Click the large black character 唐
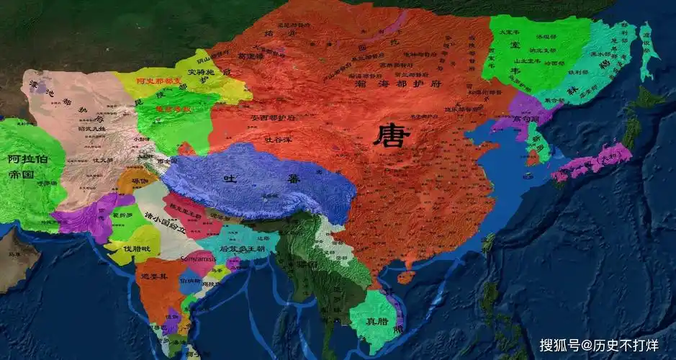390,135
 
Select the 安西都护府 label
274,117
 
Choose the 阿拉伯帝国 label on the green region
23,166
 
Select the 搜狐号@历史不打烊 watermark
599,345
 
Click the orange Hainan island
406,276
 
